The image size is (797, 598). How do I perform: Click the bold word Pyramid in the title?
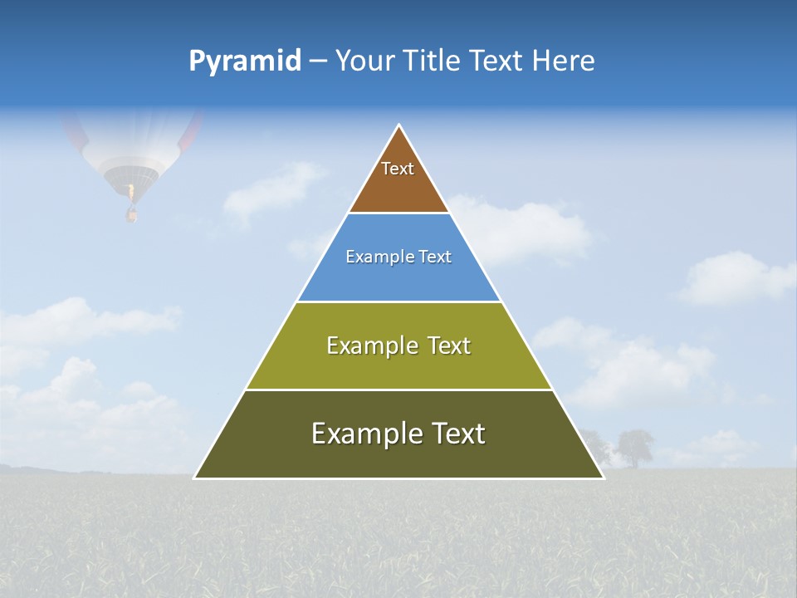(245, 61)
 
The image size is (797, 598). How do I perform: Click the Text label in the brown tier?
(398, 169)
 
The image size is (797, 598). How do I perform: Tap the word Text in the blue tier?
(436, 257)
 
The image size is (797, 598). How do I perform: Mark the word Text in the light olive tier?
(449, 346)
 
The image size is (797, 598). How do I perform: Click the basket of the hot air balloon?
(131, 215)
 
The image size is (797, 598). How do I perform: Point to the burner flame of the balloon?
(130, 193)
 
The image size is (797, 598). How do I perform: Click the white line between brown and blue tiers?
(398, 213)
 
